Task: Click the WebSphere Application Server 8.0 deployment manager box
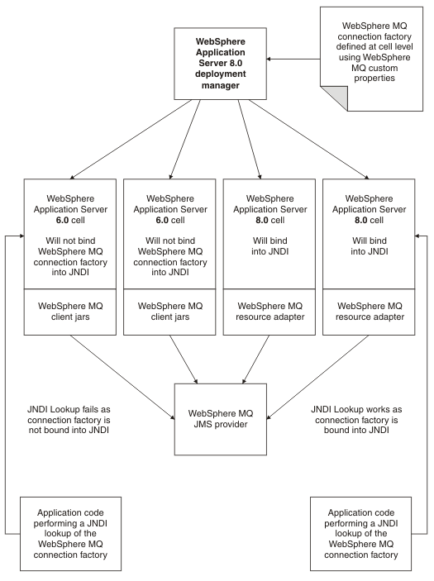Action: pyautogui.click(x=220, y=64)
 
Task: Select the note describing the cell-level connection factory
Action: pyautogui.click(x=371, y=59)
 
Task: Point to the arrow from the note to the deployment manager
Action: pyautogui.click(x=293, y=59)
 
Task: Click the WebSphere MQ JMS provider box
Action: pyautogui.click(x=220, y=419)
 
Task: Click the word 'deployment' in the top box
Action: pyautogui.click(x=220, y=74)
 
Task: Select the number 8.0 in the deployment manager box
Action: pyautogui.click(x=236, y=63)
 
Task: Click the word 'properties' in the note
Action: pyautogui.click(x=374, y=79)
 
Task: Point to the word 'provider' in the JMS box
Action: pyautogui.click(x=230, y=424)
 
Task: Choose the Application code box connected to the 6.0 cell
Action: pyautogui.click(x=70, y=534)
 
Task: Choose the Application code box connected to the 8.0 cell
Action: pyautogui.click(x=360, y=534)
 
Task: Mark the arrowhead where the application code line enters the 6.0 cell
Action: pyautogui.click(x=22, y=236)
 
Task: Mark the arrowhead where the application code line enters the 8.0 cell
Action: pyautogui.click(x=417, y=236)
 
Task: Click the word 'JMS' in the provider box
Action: pyautogui.click(x=202, y=424)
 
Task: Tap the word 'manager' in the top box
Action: pyautogui.click(x=220, y=86)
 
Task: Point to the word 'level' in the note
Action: pyautogui.click(x=403, y=47)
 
